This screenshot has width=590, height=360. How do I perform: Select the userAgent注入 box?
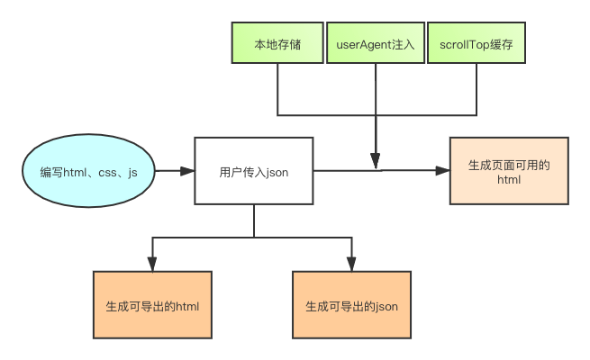(x=375, y=43)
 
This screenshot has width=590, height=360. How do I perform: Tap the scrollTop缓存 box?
(x=477, y=43)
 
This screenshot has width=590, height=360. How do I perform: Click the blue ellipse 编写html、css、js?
(x=89, y=171)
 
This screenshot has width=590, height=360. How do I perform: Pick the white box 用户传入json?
(x=254, y=171)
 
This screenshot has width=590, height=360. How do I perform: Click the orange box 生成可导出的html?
(x=152, y=306)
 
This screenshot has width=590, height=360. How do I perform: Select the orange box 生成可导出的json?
(x=351, y=306)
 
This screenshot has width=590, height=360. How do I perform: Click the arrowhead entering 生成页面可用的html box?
(x=442, y=171)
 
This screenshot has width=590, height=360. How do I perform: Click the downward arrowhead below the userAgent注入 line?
(x=375, y=163)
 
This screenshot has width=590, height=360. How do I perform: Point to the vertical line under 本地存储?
(x=277, y=90)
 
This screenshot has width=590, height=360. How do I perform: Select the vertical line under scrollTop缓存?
(x=475, y=90)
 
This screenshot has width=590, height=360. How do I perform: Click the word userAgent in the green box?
(x=364, y=43)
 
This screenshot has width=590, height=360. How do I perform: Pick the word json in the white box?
(x=277, y=171)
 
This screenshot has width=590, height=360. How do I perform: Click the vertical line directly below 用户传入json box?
(x=254, y=220)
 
